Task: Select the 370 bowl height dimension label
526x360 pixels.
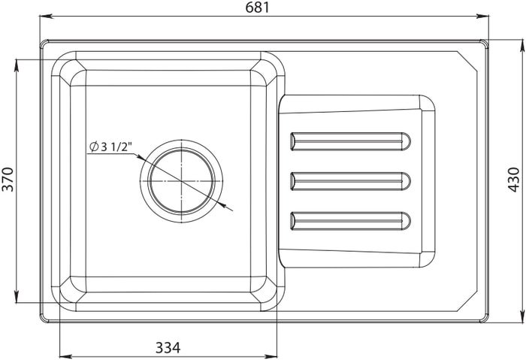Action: tap(8, 179)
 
